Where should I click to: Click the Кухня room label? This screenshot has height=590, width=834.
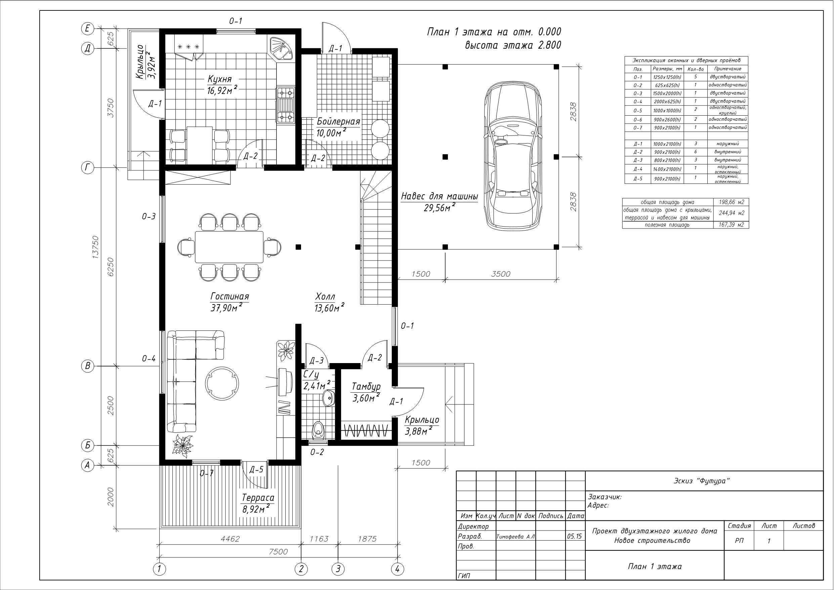coord(219,79)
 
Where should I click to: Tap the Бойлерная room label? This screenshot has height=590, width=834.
coord(338,121)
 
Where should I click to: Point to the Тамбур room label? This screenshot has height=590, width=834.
coord(366,386)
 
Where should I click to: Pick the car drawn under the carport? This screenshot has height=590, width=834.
coord(513,155)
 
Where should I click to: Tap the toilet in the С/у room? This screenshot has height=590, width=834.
coord(319,431)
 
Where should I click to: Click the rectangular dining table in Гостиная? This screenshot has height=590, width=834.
coord(229,247)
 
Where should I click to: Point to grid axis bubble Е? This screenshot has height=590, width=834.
coord(87,28)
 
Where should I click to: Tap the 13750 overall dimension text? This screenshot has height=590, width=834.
coord(95,247)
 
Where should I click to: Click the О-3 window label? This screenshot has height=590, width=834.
coord(149,217)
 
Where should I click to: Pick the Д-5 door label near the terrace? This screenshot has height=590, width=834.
coord(256,470)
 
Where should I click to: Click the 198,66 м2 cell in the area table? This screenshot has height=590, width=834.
coord(731,202)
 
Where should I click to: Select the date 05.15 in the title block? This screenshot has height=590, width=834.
coord(574,536)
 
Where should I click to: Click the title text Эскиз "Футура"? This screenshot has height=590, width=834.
coord(701,481)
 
